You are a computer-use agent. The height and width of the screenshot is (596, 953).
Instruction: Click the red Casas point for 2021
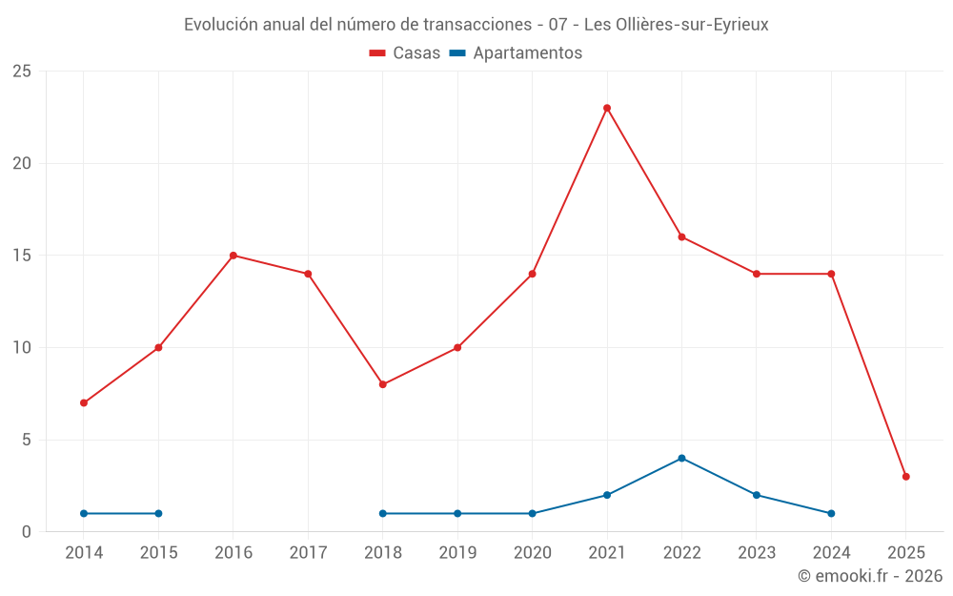(607, 108)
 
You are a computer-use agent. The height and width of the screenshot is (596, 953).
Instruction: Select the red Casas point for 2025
(906, 477)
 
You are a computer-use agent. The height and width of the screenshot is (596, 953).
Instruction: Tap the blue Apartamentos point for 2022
(681, 458)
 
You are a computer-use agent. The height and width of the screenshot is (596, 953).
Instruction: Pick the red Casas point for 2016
(233, 256)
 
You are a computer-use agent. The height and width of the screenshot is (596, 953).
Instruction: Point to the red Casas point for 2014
(84, 402)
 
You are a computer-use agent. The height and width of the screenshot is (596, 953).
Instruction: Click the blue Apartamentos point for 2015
(158, 513)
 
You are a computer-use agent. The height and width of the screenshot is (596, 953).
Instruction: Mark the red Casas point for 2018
(383, 384)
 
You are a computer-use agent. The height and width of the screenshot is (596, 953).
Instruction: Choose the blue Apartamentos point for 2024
(831, 513)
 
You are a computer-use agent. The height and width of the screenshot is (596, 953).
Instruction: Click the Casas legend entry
(405, 53)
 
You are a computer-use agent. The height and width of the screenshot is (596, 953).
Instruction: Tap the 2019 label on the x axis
(457, 552)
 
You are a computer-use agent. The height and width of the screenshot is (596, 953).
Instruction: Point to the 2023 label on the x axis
(757, 552)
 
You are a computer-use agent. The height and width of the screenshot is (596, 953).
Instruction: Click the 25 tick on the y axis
(22, 72)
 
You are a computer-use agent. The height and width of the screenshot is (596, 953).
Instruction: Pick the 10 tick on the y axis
(22, 348)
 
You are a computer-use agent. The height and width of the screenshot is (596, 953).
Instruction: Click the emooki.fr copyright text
(869, 576)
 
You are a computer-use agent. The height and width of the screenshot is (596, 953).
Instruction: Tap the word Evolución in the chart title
(220, 25)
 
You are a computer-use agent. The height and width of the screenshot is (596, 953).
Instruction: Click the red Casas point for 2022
(681, 236)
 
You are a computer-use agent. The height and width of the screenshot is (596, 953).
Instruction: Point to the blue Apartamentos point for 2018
(383, 513)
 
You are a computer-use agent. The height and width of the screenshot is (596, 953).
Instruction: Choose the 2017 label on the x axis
(308, 552)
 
